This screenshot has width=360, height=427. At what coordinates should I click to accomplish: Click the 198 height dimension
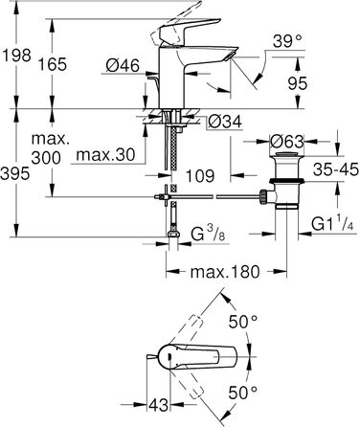click(x=17, y=55)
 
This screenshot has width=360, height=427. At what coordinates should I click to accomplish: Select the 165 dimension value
click(x=53, y=64)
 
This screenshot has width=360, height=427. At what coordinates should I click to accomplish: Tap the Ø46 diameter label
click(x=123, y=66)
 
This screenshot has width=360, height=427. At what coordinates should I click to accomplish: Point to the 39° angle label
click(x=287, y=41)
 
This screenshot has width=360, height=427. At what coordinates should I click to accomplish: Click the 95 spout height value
click(x=298, y=83)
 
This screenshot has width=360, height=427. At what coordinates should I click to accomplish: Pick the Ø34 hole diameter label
click(x=225, y=122)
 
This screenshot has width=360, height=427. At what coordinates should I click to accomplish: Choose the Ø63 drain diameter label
click(x=286, y=142)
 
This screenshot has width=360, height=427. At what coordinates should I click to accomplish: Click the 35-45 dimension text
click(x=336, y=169)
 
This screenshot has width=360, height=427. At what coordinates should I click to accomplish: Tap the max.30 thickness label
click(x=105, y=155)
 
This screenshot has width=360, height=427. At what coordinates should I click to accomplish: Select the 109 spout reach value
click(x=200, y=176)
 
